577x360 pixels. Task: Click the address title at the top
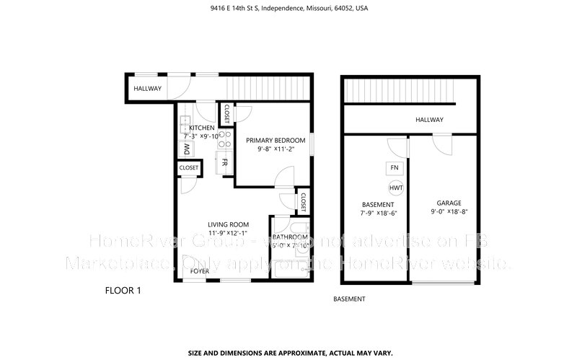click(x=288, y=9)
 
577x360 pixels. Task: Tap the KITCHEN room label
click(x=202, y=128)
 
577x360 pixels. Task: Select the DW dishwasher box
click(x=186, y=149)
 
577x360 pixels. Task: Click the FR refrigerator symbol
click(x=226, y=162)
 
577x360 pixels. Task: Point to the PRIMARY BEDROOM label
click(x=275, y=140)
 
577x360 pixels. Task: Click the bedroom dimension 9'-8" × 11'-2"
click(x=275, y=149)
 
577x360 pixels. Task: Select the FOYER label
click(x=200, y=271)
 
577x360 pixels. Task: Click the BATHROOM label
click(x=290, y=237)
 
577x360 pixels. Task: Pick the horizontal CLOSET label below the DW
click(x=189, y=168)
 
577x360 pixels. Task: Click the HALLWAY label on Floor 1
click(x=147, y=89)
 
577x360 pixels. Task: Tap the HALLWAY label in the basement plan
click(x=428, y=120)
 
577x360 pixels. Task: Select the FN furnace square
click(x=394, y=168)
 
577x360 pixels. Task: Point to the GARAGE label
click(x=449, y=203)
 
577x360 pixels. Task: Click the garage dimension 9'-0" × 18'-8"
click(x=449, y=212)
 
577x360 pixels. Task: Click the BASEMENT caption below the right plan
click(x=349, y=299)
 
